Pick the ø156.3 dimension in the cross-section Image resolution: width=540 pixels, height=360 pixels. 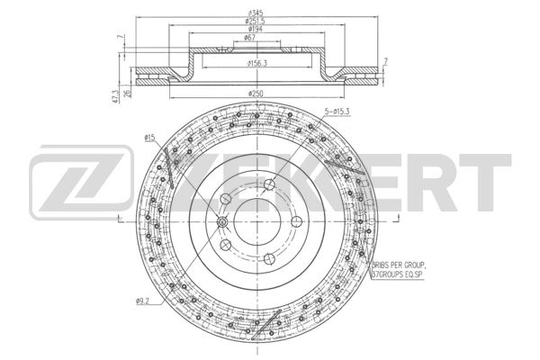(262, 63)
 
